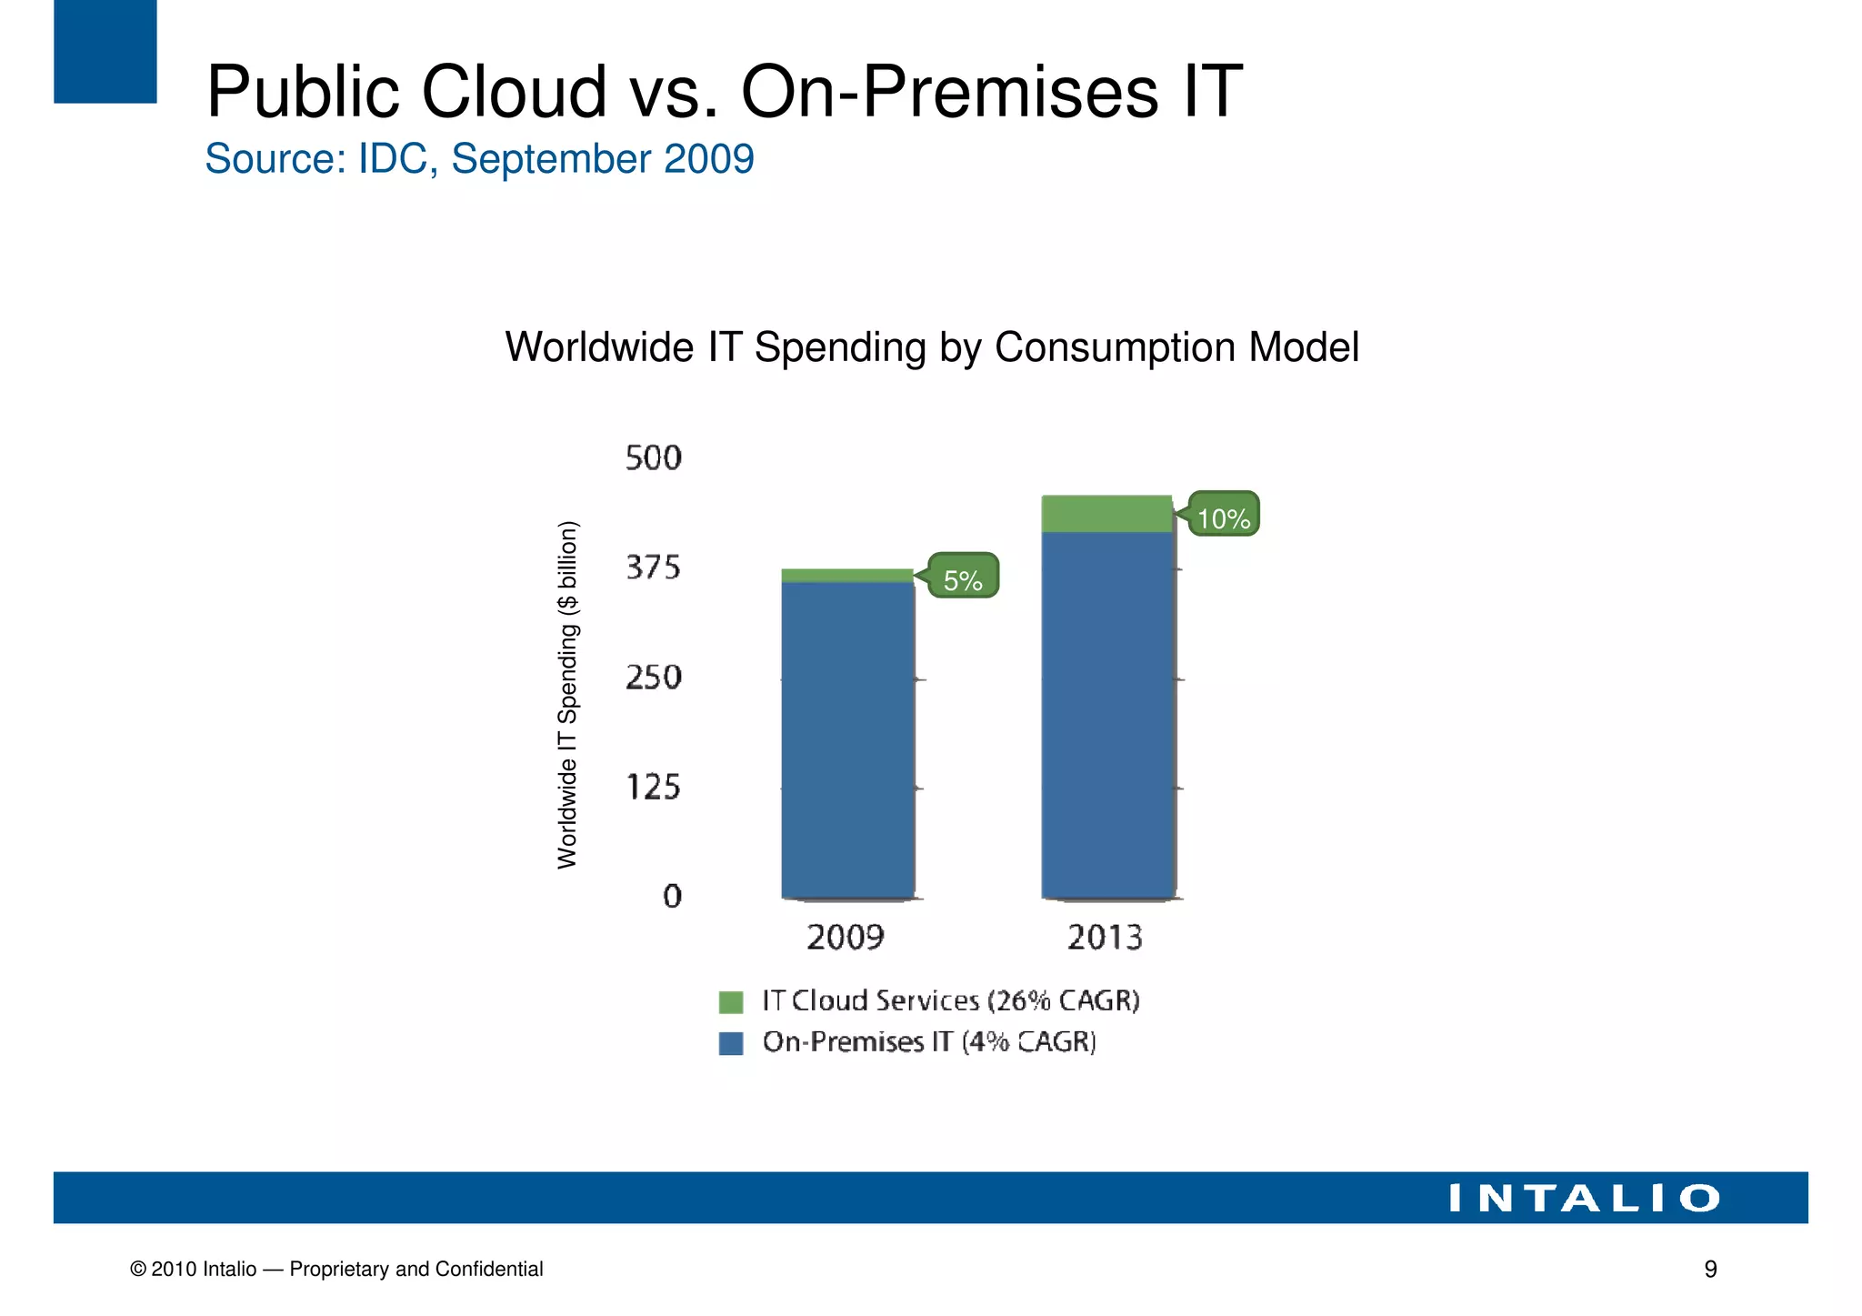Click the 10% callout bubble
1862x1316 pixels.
1224,515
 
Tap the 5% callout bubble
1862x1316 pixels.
963,577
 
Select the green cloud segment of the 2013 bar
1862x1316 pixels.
1107,514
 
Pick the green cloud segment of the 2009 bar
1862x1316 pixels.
847,576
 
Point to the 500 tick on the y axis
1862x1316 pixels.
653,458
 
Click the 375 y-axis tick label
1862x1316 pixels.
653,568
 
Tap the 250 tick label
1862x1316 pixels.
653,678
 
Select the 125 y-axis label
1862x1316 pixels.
653,787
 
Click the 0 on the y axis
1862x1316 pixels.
672,897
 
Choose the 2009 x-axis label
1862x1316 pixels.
846,938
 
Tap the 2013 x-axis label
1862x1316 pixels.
1105,938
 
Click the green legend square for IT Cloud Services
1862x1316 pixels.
731,1002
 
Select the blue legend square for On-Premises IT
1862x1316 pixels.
731,1043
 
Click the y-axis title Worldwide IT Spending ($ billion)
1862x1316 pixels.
567,695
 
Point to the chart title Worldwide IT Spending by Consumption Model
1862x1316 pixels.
931,347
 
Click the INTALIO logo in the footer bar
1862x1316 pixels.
1583,1199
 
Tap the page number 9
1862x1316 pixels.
1710,1270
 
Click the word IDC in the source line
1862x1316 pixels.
393,159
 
